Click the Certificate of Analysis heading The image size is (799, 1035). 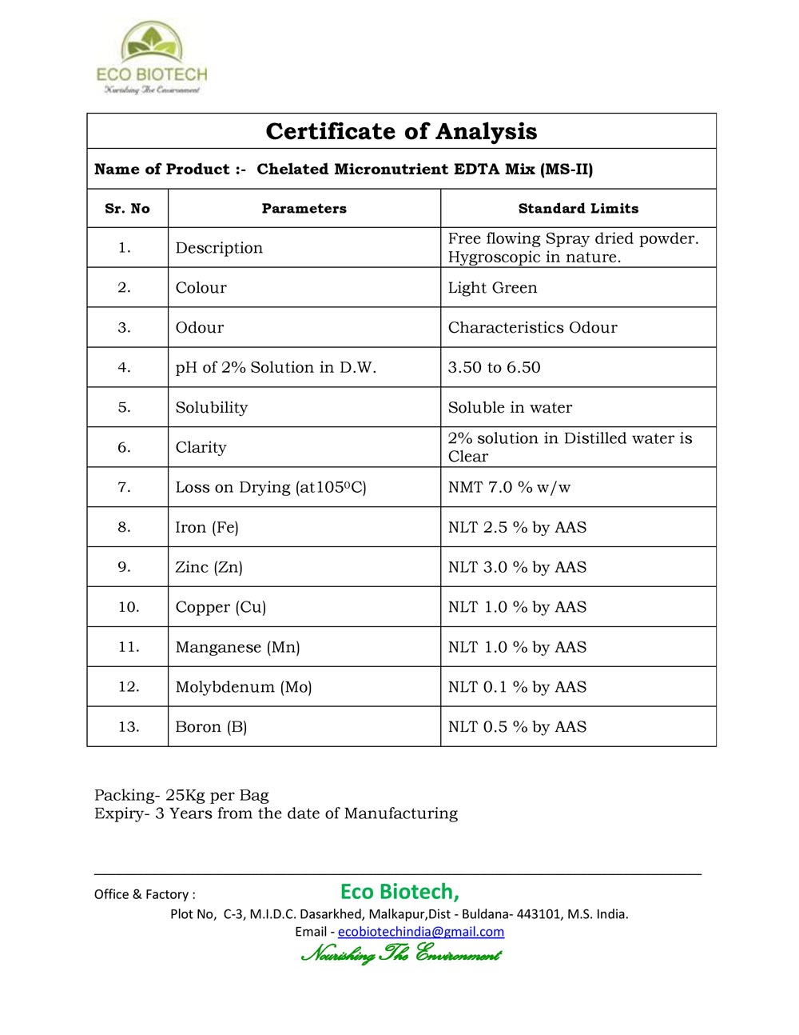tap(401, 131)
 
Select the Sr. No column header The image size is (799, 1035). tap(127, 209)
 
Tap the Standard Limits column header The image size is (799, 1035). tap(578, 209)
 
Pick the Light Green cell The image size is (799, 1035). tap(492, 288)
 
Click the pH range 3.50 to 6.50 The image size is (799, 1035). tap(494, 368)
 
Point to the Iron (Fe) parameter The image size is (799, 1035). tap(207, 528)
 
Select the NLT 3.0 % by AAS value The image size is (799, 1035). tap(517, 568)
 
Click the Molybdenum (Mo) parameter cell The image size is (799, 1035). tap(244, 687)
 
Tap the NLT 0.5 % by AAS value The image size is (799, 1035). tap(517, 727)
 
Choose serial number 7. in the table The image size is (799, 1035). tap(124, 488)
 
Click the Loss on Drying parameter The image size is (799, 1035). tap(271, 488)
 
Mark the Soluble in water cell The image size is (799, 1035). tap(510, 408)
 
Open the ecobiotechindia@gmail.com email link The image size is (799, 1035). tap(421, 932)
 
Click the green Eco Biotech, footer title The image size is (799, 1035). tap(399, 891)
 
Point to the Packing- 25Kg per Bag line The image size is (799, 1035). tap(181, 795)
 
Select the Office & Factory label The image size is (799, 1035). tap(145, 894)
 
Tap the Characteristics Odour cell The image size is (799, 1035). tap(532, 328)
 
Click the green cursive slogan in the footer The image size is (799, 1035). tap(401, 953)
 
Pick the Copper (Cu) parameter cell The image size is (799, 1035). tap(221, 607)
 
